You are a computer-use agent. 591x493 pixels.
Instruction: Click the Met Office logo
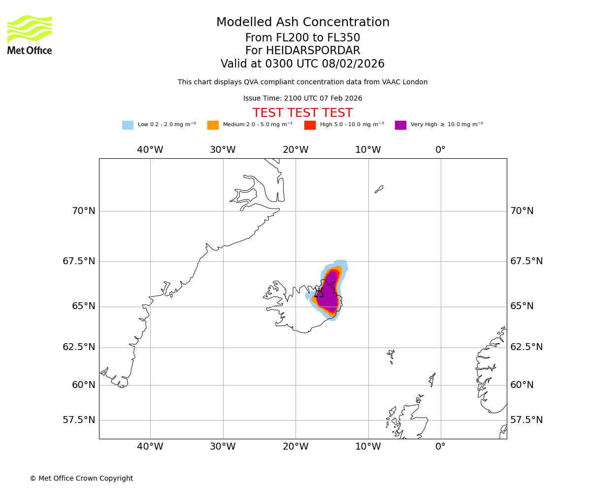30,35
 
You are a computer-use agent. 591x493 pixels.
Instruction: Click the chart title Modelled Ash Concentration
303,23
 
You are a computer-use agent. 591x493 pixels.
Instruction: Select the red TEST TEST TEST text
302,113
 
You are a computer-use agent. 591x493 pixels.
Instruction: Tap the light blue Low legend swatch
128,125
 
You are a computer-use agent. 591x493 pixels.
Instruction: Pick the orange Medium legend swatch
213,125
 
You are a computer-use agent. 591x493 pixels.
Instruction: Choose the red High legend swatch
310,125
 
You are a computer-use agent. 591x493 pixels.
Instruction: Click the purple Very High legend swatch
400,125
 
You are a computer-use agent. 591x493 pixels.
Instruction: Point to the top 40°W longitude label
150,150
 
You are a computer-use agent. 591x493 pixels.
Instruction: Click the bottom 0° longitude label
440,447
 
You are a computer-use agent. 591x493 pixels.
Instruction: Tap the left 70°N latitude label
84,211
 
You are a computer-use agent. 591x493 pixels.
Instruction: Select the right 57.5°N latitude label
526,420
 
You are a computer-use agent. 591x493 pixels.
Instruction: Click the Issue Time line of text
302,99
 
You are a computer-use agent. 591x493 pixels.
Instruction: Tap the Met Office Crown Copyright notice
81,478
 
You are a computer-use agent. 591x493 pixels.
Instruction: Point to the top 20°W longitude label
295,150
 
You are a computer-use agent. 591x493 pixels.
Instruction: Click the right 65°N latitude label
522,306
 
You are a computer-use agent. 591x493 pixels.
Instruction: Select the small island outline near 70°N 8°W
379,189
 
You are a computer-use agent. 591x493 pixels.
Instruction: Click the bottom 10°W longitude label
368,447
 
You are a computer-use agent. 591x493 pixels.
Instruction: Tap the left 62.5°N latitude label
79,347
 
